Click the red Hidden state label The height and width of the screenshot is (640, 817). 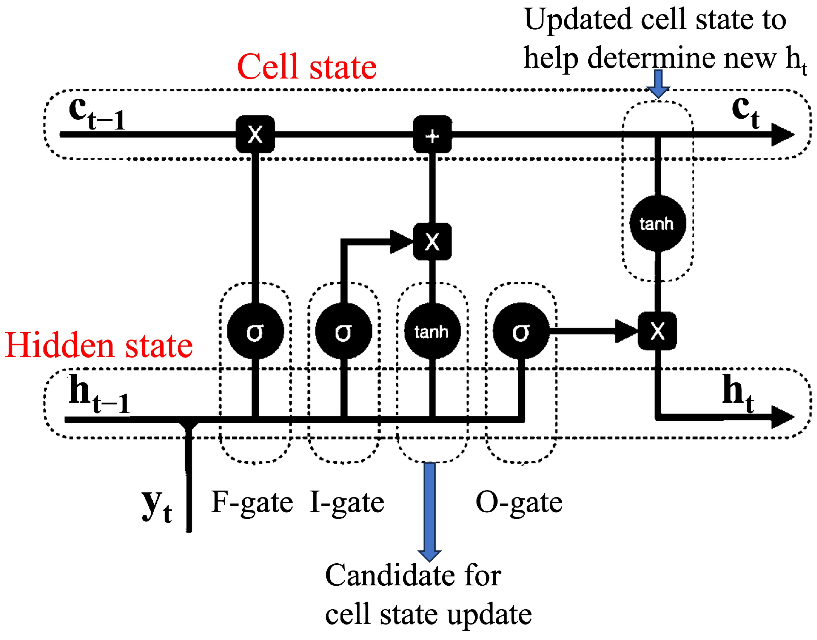tap(98, 346)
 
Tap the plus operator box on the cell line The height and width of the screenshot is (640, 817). tap(432, 134)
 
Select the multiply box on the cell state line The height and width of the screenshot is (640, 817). tap(255, 134)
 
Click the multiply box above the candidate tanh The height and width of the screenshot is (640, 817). tap(432, 242)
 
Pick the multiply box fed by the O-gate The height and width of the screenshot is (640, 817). tap(657, 331)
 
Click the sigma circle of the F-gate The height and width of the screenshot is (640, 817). tap(255, 331)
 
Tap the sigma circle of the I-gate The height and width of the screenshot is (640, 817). tap(344, 331)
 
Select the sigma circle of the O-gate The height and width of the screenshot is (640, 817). tap(521, 331)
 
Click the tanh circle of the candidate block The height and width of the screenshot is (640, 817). tap(432, 331)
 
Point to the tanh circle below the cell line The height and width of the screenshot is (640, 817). tap(657, 224)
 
